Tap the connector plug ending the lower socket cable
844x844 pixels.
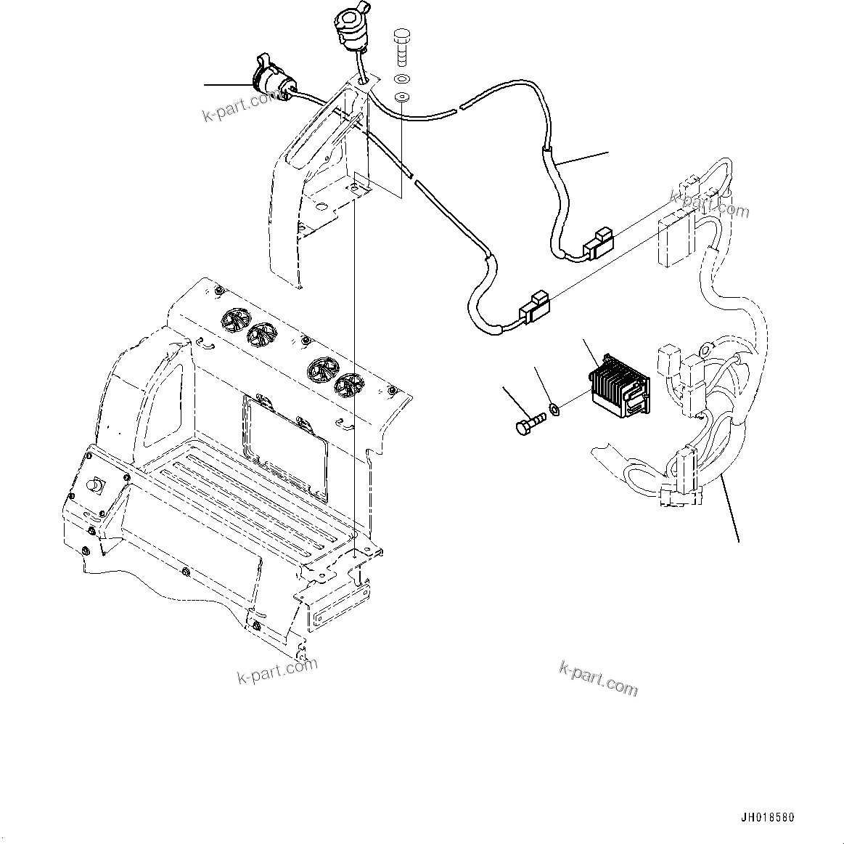[534, 307]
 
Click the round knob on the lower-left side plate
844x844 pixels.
[96, 486]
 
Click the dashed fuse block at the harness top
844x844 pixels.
[672, 240]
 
